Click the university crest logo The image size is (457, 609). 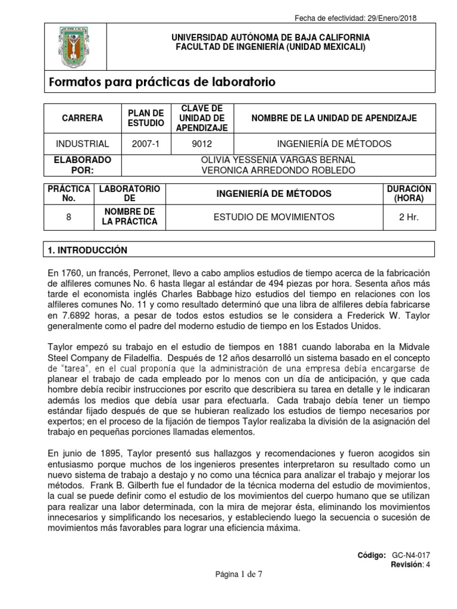pyautogui.click(x=73, y=48)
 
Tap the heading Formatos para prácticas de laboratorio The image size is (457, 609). pyautogui.click(x=162, y=82)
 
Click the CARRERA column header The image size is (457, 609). pyautogui.click(x=82, y=118)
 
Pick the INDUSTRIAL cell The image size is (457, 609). pyautogui.click(x=82, y=144)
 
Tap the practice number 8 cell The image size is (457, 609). pyautogui.click(x=69, y=217)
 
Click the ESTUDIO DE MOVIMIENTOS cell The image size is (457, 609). pyautogui.click(x=274, y=217)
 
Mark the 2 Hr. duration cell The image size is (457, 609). pyautogui.click(x=409, y=217)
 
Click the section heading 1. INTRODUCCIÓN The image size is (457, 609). pyautogui.click(x=87, y=250)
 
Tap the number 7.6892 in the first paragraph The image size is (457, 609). pyautogui.click(x=75, y=315)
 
